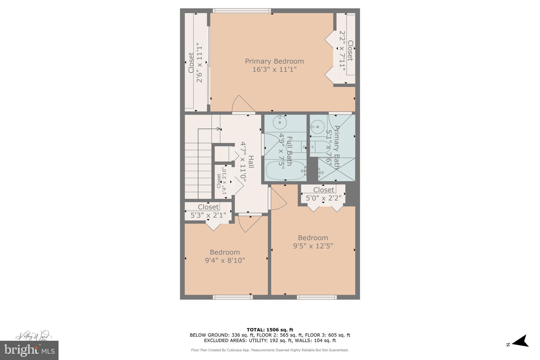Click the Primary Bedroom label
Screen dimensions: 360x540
pos(274,61)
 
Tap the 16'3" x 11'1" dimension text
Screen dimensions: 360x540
pos(274,70)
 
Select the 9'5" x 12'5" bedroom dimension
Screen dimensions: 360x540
pos(313,246)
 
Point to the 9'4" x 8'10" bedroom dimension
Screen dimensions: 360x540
pos(225,261)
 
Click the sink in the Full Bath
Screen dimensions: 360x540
pos(279,122)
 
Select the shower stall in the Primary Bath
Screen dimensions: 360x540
pos(336,169)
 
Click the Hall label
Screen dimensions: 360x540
pos(251,162)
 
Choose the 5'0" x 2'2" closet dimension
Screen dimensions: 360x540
pos(324,198)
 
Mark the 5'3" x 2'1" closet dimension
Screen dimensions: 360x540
pos(208,215)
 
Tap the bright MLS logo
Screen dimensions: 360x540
pos(29,350)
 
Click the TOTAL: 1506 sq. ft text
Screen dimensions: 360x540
pos(270,330)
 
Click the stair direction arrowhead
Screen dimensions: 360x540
pos(218,129)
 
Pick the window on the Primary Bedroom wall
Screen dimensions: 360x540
pos(242,11)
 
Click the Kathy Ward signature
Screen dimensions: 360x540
pos(33,336)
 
